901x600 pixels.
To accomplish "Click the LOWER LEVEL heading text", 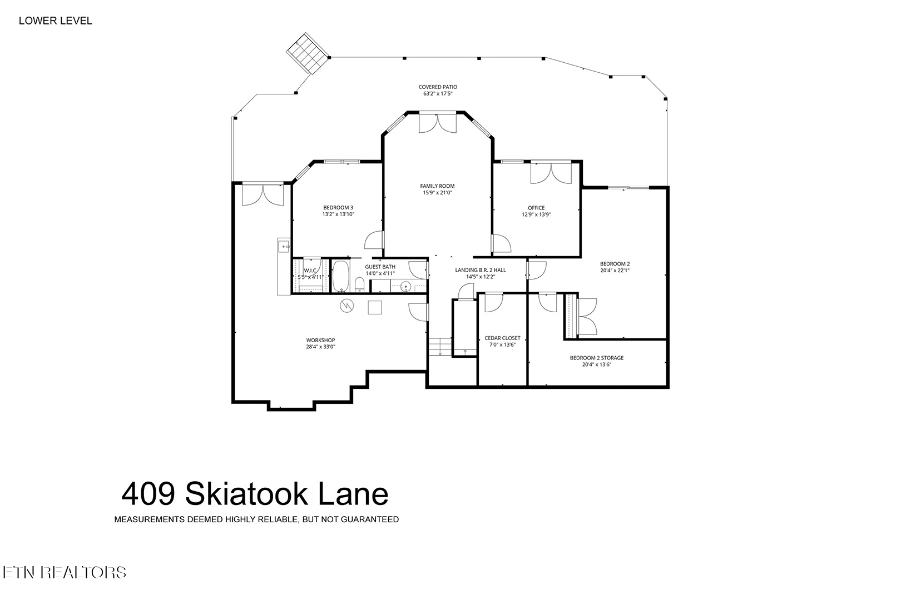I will point(55,21).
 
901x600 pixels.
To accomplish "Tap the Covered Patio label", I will point(438,90).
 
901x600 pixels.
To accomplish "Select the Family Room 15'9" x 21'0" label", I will point(438,189).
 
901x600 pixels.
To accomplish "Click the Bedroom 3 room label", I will point(338,211).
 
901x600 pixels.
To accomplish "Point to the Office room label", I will point(536,211).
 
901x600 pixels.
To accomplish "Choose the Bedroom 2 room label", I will point(615,267).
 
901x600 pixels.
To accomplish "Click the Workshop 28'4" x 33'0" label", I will point(320,343).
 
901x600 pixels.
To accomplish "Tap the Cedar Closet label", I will point(502,341).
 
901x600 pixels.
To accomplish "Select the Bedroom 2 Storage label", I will point(596,361).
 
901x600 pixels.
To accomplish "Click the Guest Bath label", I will point(380,270).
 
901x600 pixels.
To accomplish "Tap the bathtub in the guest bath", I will point(340,277).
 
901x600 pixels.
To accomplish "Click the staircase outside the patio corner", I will point(308,53).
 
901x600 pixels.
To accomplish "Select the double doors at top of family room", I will point(437,123).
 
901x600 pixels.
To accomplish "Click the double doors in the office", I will point(550,172).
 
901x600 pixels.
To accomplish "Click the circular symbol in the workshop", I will point(347,306).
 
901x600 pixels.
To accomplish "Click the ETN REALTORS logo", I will point(64,572).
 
